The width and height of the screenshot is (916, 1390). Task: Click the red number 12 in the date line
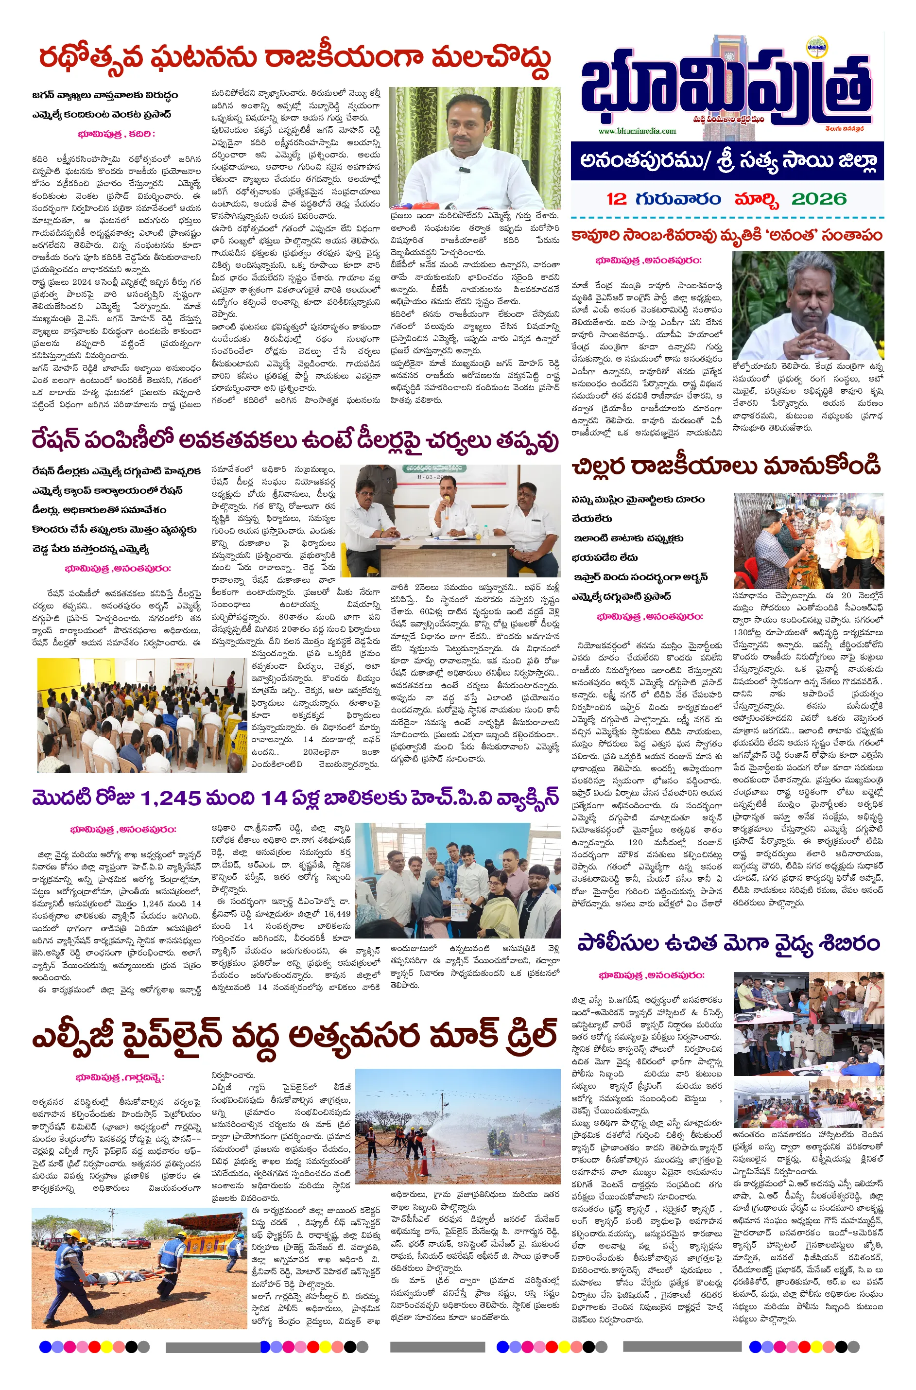pyautogui.click(x=616, y=199)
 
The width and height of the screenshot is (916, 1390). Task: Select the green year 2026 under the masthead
pyautogui.click(x=818, y=199)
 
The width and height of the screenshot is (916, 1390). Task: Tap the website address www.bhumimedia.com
pyautogui.click(x=637, y=131)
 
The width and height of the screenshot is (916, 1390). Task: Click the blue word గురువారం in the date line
pyautogui.click(x=679, y=199)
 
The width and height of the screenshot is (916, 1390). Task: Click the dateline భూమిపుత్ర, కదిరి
pyautogui.click(x=116, y=134)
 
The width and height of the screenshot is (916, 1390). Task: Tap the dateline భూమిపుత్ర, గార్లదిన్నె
pyautogui.click(x=120, y=1077)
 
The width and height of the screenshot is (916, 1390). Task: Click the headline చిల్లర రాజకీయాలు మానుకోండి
pyautogui.click(x=726, y=466)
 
